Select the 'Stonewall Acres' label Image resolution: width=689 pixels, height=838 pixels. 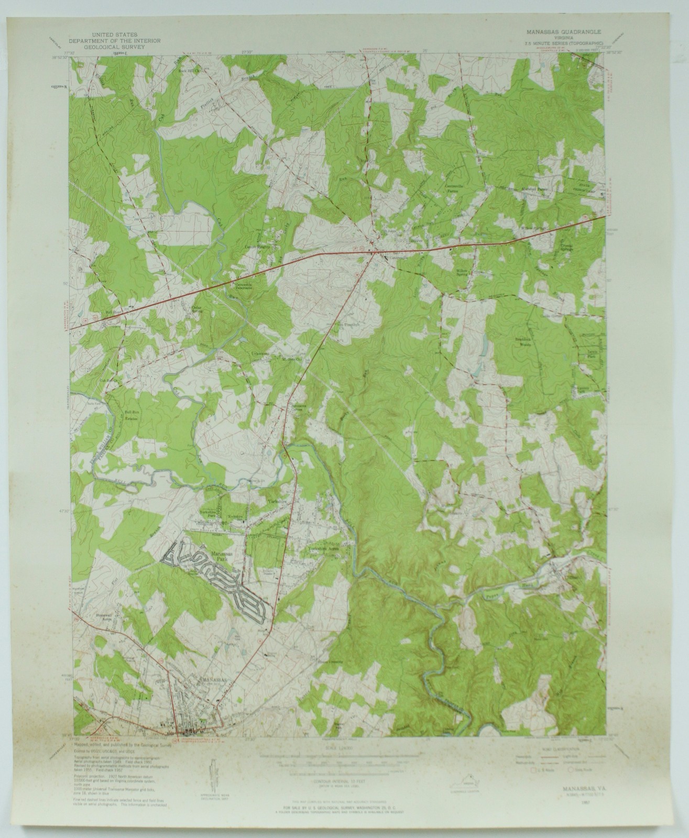coord(104,616)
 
